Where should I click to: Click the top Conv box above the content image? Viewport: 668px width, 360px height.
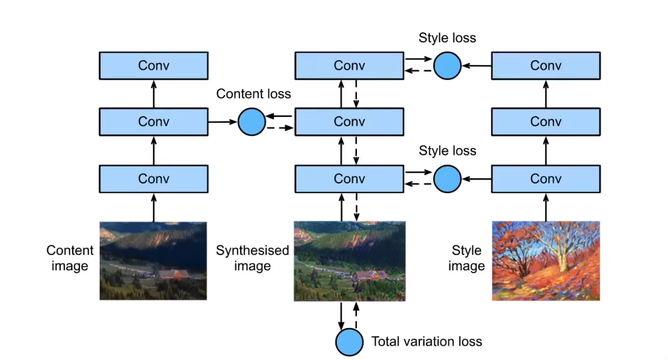pos(154,66)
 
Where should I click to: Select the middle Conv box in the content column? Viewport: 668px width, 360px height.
pos(154,122)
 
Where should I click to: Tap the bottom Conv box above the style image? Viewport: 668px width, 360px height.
pos(546,179)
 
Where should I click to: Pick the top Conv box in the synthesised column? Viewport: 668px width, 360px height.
pos(350,66)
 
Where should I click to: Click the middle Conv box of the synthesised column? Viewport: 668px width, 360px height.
pos(350,122)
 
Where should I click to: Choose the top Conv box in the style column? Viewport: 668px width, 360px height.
pos(546,66)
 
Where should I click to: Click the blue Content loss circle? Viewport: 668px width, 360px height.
pos(252,122)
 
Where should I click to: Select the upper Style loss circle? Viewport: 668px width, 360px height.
pos(447,66)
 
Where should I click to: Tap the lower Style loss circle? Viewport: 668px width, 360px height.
pos(447,179)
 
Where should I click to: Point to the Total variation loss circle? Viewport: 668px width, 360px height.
pos(350,342)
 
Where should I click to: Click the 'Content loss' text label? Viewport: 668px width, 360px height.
pos(254,94)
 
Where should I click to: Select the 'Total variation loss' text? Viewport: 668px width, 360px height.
pos(426,341)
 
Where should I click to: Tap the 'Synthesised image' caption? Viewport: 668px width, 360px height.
pos(252,258)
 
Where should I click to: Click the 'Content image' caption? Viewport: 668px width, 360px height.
pos(70,258)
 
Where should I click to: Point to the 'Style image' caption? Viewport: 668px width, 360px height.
pos(467,258)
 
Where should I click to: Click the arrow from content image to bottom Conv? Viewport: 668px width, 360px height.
pos(154,207)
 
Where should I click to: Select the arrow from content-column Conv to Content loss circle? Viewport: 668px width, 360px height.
pos(223,122)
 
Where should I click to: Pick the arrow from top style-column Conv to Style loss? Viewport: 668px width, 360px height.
pos(477,66)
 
